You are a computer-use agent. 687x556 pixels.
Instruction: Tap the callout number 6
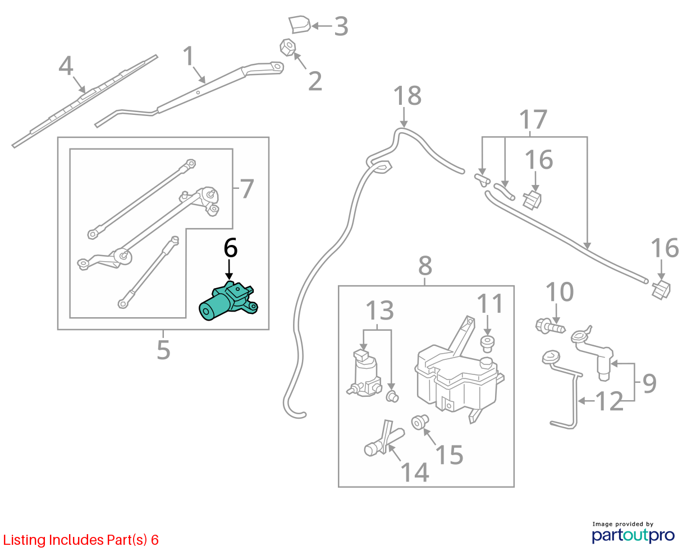coord(230,248)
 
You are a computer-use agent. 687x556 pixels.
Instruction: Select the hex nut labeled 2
coord(287,47)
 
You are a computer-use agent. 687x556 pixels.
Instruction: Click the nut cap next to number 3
coord(299,25)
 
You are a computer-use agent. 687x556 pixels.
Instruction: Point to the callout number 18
coord(407,96)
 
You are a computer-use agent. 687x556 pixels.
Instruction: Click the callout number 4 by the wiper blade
coord(66,66)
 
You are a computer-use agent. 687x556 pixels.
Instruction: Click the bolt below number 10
coord(550,327)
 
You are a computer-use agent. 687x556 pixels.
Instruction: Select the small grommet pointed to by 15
coord(420,422)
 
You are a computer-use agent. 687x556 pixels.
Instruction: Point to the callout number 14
coord(414,472)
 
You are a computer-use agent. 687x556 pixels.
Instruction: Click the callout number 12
coord(609,401)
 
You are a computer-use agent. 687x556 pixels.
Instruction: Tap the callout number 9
coord(649,383)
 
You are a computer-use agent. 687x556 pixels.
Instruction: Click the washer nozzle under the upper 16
coord(532,200)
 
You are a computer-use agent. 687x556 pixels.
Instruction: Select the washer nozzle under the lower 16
coord(661,290)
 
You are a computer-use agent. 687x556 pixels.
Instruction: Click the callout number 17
coord(533,119)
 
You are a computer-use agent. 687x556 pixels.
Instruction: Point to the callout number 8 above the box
coord(425,266)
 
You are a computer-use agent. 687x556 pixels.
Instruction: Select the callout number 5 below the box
coord(163,350)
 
